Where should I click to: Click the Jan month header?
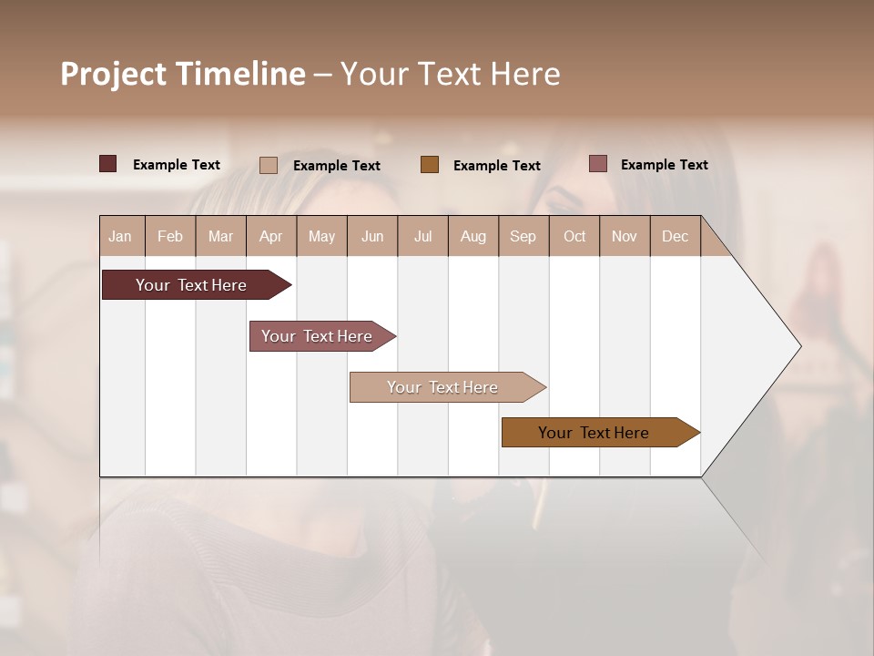pyautogui.click(x=121, y=237)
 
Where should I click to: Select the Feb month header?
pyautogui.click(x=170, y=237)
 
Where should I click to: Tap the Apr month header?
pyautogui.click(x=271, y=237)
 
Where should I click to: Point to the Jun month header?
pyautogui.click(x=372, y=237)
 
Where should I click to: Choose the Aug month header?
pyautogui.click(x=473, y=237)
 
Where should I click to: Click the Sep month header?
pyautogui.click(x=523, y=237)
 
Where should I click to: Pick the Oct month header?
pyautogui.click(x=574, y=237)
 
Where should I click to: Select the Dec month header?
pyautogui.click(x=676, y=237)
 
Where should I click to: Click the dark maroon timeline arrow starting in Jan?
pyautogui.click(x=192, y=285)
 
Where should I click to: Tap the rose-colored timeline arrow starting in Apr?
pyautogui.click(x=318, y=336)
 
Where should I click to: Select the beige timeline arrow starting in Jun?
pyautogui.click(x=443, y=387)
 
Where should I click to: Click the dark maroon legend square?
pyautogui.click(x=108, y=164)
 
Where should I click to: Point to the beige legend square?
pyautogui.click(x=269, y=165)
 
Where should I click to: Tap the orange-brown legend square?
pyautogui.click(x=430, y=164)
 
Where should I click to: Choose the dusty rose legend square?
pyautogui.click(x=598, y=164)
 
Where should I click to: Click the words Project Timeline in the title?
pyautogui.click(x=183, y=74)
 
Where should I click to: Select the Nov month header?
pyautogui.click(x=625, y=237)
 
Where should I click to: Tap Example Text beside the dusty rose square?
pyautogui.click(x=665, y=165)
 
